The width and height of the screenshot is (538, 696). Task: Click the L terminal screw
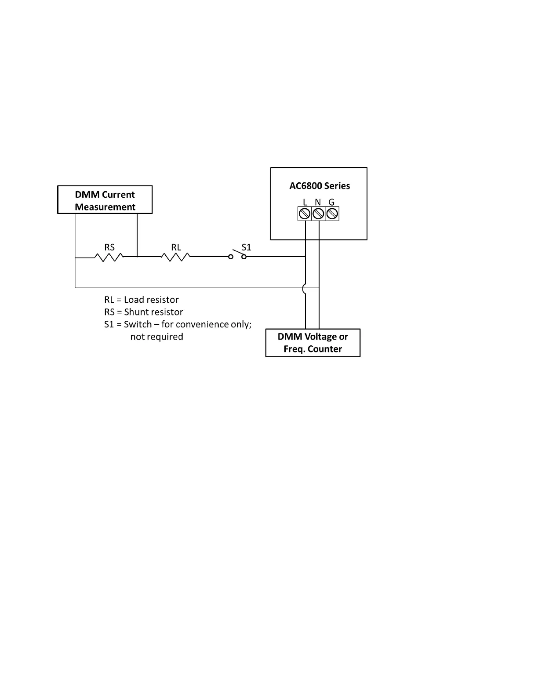tap(305, 214)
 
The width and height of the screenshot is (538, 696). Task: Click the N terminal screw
tap(318, 214)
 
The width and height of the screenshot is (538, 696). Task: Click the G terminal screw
tap(332, 214)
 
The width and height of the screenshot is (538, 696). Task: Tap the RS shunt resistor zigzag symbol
tap(108, 257)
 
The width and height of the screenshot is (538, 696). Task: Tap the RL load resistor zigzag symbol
tap(175, 257)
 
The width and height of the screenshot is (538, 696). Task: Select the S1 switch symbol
tap(237, 255)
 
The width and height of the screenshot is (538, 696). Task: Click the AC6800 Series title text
tap(320, 186)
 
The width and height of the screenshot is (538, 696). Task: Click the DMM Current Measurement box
tap(105, 200)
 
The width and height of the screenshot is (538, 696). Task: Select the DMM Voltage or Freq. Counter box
tap(313, 343)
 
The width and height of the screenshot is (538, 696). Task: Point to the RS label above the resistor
tap(109, 247)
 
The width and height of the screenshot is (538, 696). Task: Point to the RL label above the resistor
tap(176, 247)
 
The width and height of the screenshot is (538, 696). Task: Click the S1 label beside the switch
tap(246, 247)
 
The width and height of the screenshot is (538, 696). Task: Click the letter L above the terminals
tap(305, 202)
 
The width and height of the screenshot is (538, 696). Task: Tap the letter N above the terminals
tap(318, 202)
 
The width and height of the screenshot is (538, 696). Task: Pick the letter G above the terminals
tap(331, 202)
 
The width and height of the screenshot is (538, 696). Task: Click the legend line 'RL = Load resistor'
tap(141, 300)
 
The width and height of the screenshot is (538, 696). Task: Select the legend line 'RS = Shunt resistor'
tap(143, 312)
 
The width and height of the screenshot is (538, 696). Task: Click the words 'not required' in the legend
tap(156, 337)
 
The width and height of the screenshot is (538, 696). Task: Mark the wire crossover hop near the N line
tap(304, 288)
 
